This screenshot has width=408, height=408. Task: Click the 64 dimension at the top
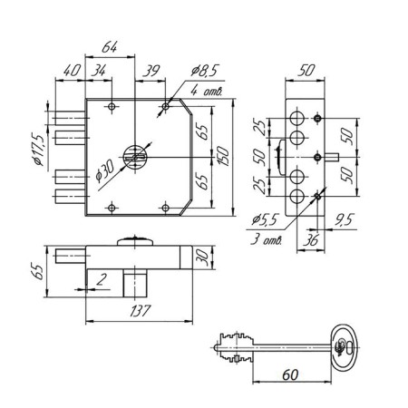tap(109, 47)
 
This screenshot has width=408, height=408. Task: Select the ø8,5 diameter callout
tap(205, 71)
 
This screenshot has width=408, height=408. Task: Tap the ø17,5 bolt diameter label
tap(38, 150)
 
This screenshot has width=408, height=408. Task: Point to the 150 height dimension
tap(224, 156)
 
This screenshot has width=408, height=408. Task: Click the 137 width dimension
tap(141, 311)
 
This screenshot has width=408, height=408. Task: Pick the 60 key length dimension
tap(290, 374)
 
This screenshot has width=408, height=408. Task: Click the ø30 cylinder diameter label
tap(104, 171)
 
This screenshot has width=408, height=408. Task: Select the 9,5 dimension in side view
tap(344, 219)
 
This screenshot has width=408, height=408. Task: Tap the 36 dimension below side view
tap(311, 240)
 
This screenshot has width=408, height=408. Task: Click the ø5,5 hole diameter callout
tap(265, 219)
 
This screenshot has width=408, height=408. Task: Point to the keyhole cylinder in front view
tap(135, 157)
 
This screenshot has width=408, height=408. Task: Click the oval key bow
tap(345, 347)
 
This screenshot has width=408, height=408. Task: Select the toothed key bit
tap(236, 347)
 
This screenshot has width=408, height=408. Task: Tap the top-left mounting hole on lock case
tap(112, 106)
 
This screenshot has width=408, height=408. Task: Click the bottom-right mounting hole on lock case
tap(165, 208)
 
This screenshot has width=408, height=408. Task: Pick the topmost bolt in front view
tap(70, 118)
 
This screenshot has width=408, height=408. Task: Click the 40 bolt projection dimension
tap(72, 71)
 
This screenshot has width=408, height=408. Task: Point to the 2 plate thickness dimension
tap(102, 279)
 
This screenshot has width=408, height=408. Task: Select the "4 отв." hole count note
tap(207, 91)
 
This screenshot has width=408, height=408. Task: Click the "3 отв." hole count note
tap(266, 239)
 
